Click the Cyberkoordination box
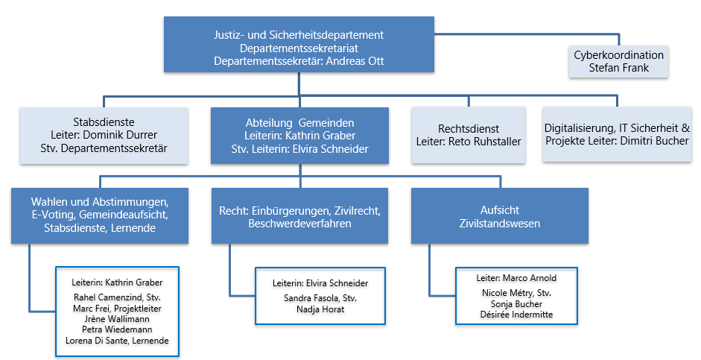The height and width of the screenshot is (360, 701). click(x=619, y=61)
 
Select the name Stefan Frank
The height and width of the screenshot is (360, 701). click(x=619, y=68)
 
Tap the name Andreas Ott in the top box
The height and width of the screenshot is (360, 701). click(x=355, y=61)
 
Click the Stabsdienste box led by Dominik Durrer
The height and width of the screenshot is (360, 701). click(x=104, y=135)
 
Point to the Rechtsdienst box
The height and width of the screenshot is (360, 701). click(x=469, y=135)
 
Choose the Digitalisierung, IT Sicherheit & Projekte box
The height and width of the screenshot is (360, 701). click(x=617, y=134)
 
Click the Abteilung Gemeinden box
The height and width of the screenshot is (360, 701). click(x=300, y=136)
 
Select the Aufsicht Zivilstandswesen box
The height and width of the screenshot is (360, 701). click(x=500, y=216)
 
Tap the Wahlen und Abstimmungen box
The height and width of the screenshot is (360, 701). click(x=100, y=215)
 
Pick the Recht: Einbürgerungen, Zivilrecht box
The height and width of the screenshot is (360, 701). click(x=299, y=216)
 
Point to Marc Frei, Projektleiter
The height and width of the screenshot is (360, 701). click(x=117, y=308)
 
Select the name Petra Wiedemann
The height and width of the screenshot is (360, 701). click(x=117, y=329)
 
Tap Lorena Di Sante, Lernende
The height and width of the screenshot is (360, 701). click(x=117, y=341)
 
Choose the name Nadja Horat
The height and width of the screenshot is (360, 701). click(x=320, y=309)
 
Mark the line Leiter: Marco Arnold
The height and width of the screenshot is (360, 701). click(x=516, y=278)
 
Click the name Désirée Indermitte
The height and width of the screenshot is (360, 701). click(x=516, y=315)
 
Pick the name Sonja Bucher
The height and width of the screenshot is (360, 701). click(x=516, y=303)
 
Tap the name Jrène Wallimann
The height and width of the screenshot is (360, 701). click(x=117, y=319)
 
